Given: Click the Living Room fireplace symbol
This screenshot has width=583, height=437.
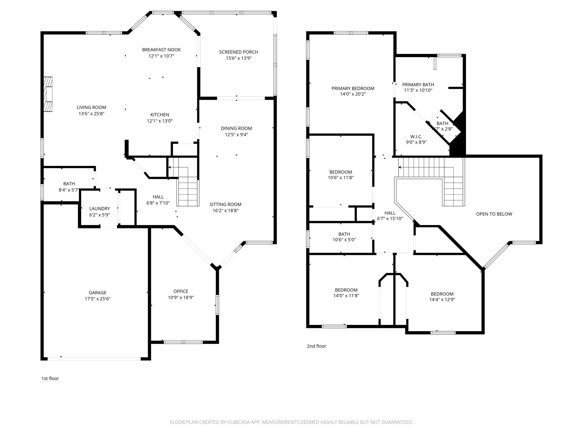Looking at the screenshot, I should pyautogui.click(x=48, y=94).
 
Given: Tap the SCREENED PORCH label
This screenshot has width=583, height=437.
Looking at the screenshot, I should pyautogui.click(x=239, y=52).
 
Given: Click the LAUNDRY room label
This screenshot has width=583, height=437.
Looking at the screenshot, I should pyautogui.click(x=99, y=209).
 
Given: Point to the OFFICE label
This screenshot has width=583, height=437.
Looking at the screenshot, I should pyautogui.click(x=181, y=291).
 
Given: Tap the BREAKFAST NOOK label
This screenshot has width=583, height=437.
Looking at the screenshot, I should pyautogui.click(x=161, y=50).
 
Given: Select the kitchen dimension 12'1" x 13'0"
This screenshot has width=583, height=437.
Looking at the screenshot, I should pyautogui.click(x=160, y=121).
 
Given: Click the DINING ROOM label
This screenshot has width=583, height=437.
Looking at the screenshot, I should pyautogui.click(x=236, y=128).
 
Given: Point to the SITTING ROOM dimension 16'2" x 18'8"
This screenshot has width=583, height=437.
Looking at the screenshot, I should pyautogui.click(x=225, y=211).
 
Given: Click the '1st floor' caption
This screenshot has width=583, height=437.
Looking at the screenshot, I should pyautogui.click(x=50, y=378).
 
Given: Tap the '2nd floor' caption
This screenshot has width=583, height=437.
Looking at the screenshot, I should pyautogui.click(x=316, y=346).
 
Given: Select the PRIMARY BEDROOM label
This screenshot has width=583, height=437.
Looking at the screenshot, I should pyautogui.click(x=353, y=88).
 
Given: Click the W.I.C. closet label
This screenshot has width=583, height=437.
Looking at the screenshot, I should pyautogui.click(x=416, y=137).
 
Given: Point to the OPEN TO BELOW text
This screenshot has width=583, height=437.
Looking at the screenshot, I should pyautogui.click(x=494, y=214).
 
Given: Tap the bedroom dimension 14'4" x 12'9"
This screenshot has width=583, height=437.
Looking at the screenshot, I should pyautogui.click(x=442, y=299).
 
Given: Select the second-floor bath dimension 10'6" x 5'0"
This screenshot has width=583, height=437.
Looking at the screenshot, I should pyautogui.click(x=344, y=240).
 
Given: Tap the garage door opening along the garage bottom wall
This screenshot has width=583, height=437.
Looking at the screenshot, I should pyautogui.click(x=94, y=358).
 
